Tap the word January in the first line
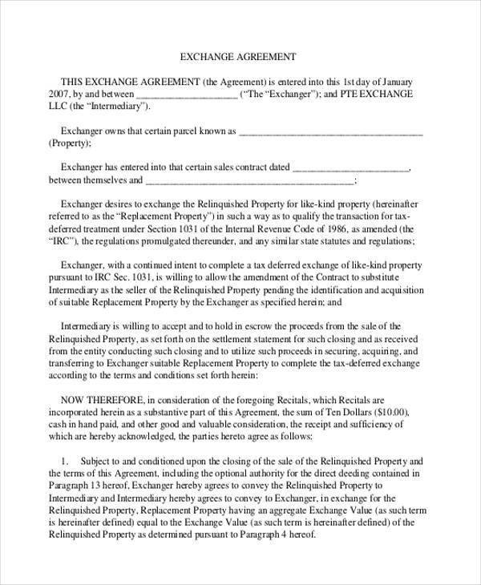pos(395,82)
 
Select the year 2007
pos(61,95)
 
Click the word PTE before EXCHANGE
pos(357,95)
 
